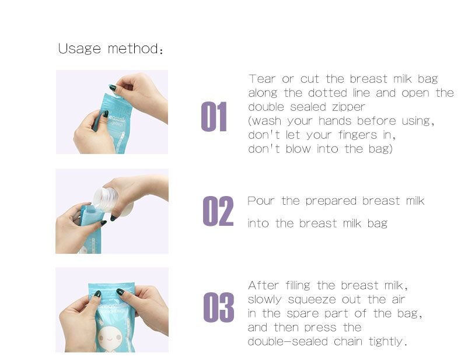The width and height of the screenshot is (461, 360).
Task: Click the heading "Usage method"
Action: [110, 48]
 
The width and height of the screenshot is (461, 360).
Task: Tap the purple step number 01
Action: [214, 117]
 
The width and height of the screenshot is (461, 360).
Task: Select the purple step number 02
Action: [218, 211]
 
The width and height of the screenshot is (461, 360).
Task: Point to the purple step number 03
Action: [218, 307]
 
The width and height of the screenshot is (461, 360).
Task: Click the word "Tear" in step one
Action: [261, 79]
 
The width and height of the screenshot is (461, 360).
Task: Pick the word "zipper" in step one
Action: [348, 107]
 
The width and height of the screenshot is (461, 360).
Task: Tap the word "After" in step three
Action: [264, 285]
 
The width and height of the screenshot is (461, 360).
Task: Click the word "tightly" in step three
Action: [386, 342]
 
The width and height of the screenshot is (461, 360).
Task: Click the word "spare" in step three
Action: [319, 314]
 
